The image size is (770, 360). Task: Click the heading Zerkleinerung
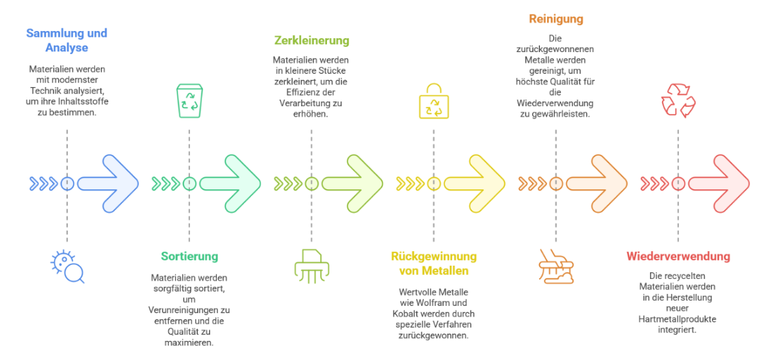[x=311, y=40]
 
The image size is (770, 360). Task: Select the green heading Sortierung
[x=189, y=256]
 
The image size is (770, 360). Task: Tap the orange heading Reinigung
[x=556, y=18]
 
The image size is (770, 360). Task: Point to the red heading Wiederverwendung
[x=678, y=256]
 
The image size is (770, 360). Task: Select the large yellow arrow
[x=475, y=183]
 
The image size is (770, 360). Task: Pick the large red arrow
[x=719, y=183]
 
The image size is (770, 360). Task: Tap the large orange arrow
[x=597, y=183]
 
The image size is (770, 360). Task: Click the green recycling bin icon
[x=189, y=100]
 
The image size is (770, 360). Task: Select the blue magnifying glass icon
[x=67, y=267]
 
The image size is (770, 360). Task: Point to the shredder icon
[x=311, y=266]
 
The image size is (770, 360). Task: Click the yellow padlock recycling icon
[x=433, y=100]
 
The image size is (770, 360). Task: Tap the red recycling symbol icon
[x=678, y=100]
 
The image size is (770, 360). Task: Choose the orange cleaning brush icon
[x=556, y=266]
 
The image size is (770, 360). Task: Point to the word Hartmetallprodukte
[x=678, y=318]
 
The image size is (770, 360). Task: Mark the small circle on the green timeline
[x=189, y=183]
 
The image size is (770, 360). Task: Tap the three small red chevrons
[x=654, y=183]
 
